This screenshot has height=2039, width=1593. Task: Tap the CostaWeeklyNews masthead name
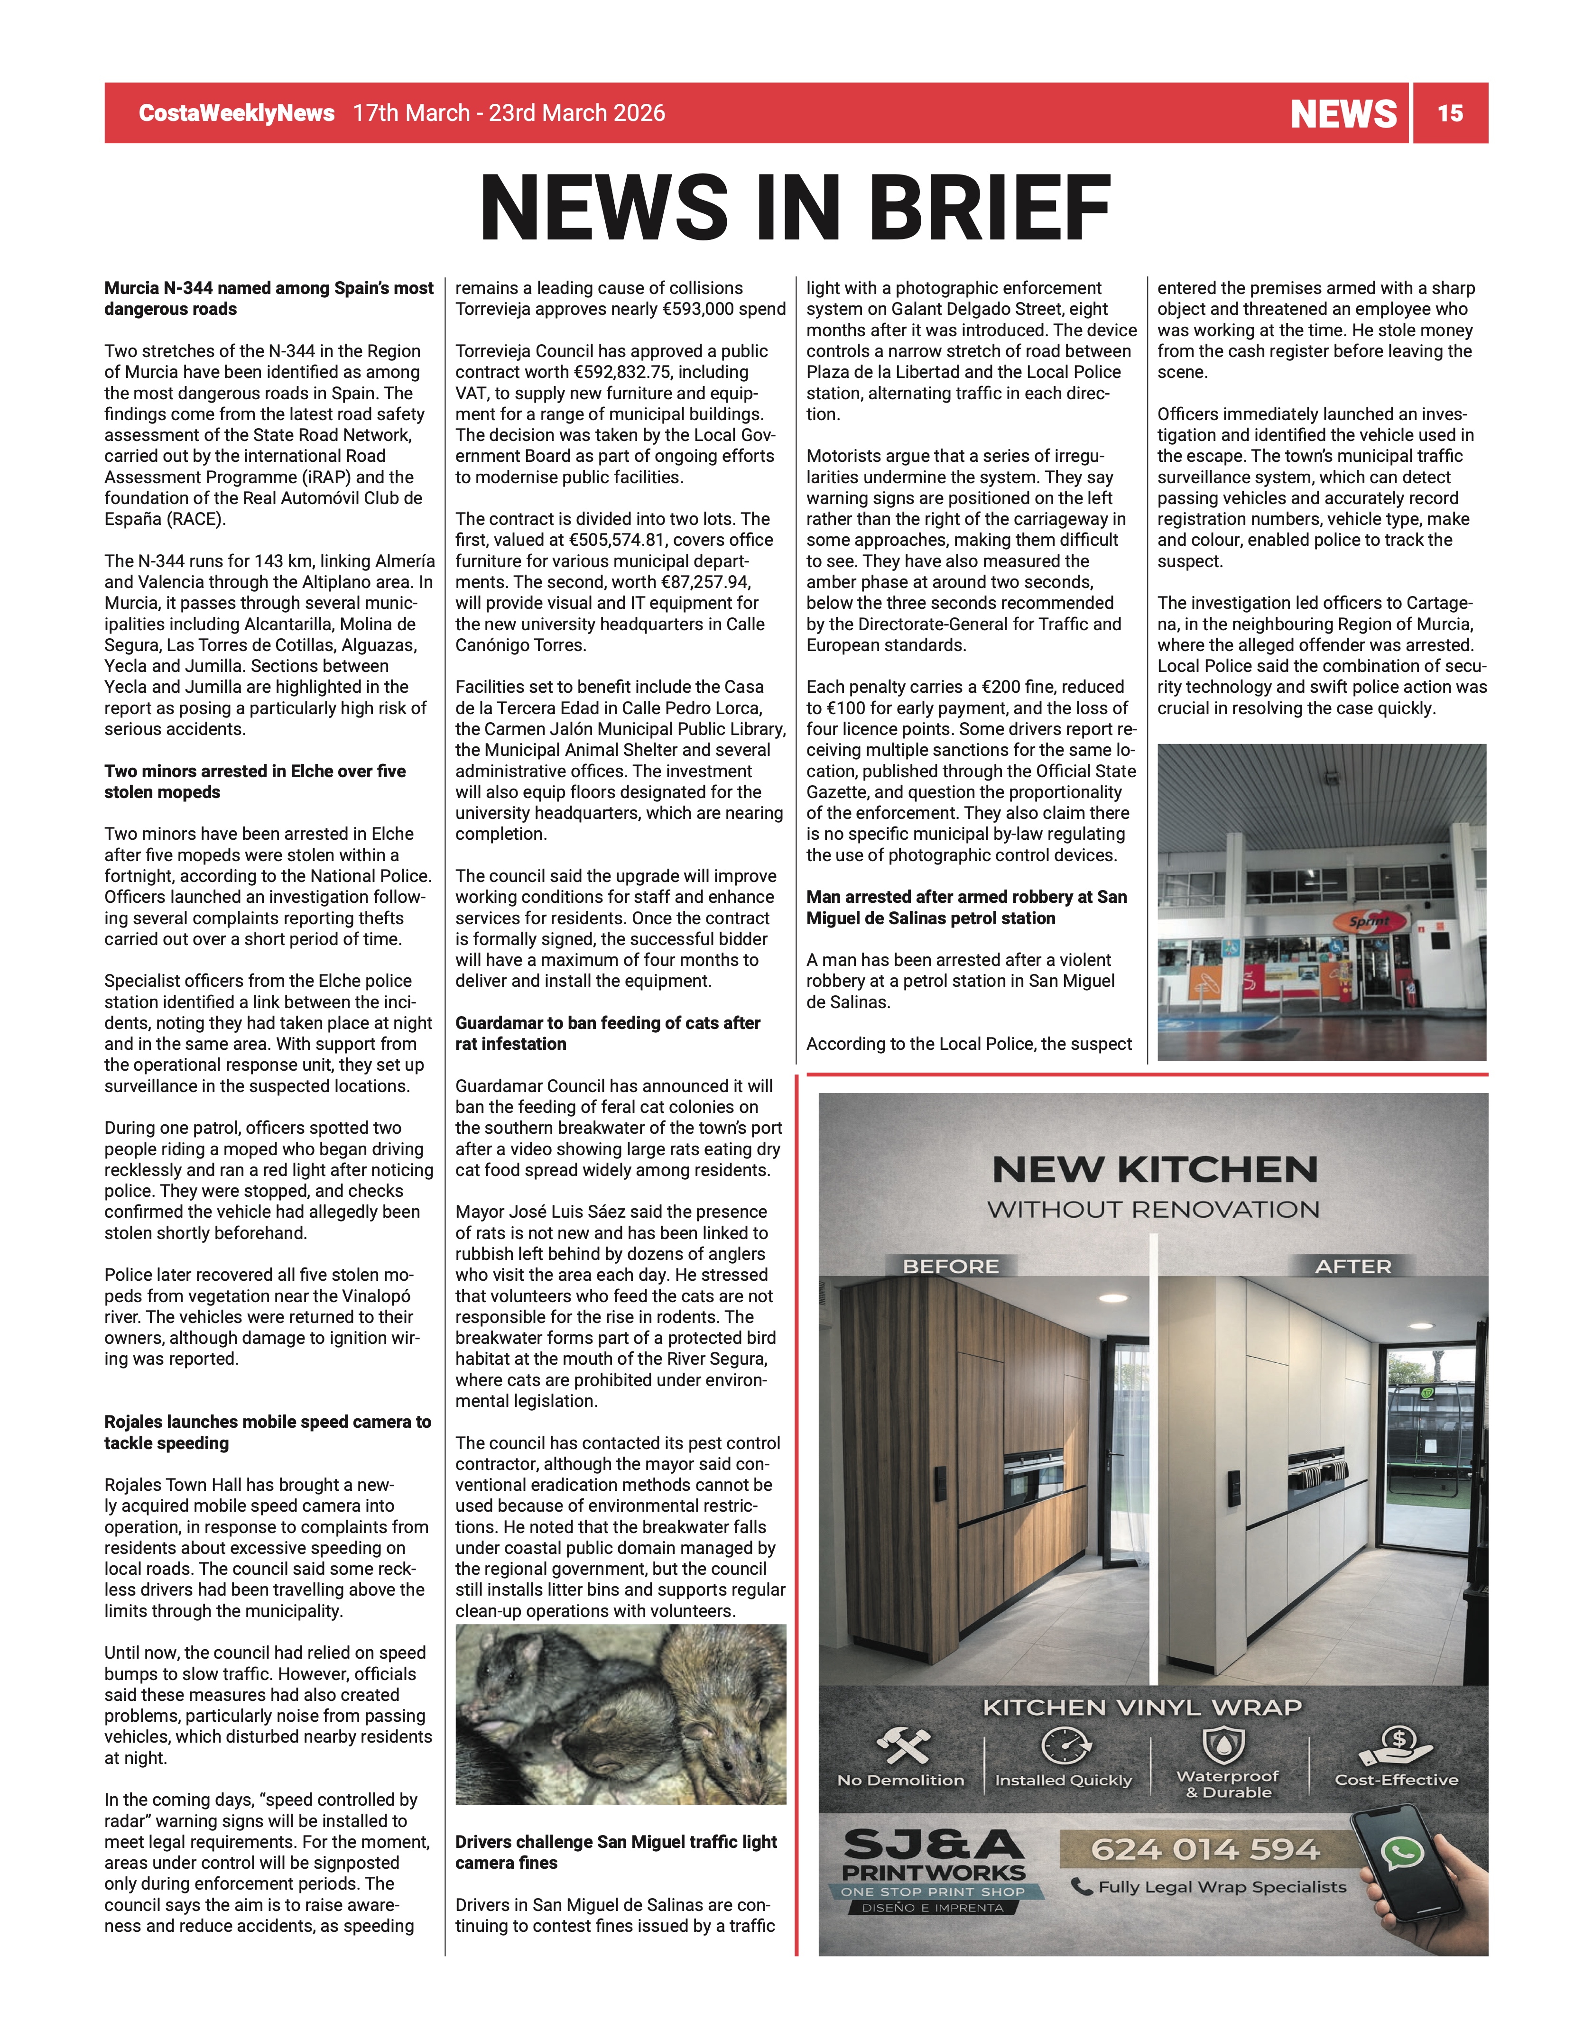point(236,113)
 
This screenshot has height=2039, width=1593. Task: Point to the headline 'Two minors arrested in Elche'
point(255,781)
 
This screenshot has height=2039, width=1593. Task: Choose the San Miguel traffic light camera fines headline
point(616,1852)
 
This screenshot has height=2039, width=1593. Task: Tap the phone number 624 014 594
point(1204,1848)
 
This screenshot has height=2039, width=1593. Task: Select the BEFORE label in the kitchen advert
point(951,1266)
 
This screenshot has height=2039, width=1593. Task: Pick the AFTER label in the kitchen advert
point(1353,1266)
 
